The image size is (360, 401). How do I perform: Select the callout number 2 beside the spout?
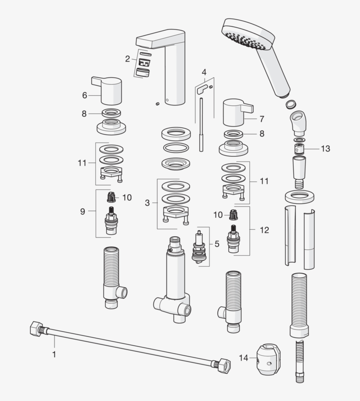tap(127, 58)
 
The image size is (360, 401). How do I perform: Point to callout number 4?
tap(204, 72)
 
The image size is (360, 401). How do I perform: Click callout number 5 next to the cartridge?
tap(216, 243)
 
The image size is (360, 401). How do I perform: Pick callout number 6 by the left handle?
tap(85, 94)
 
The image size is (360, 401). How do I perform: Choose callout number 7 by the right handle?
tap(262, 119)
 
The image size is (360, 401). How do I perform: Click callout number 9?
tap(83, 211)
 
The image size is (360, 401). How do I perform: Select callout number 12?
tap(264, 230)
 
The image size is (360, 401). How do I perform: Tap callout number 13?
tap(325, 148)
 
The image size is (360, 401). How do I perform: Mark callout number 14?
tap(244, 358)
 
